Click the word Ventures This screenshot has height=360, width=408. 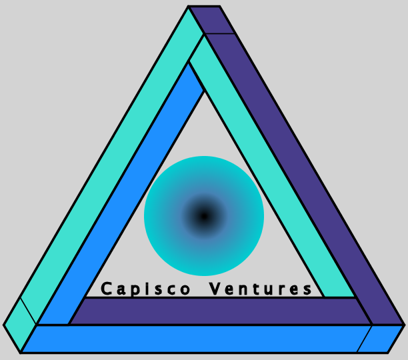pos(261,289)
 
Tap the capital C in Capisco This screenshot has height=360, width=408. pos(106,289)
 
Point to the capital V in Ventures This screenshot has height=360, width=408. pos(215,289)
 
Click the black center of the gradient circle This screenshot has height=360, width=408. pos(204,215)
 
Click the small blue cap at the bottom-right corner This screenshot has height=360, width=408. pos(381,338)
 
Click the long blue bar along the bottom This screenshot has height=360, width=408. pos(193,338)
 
